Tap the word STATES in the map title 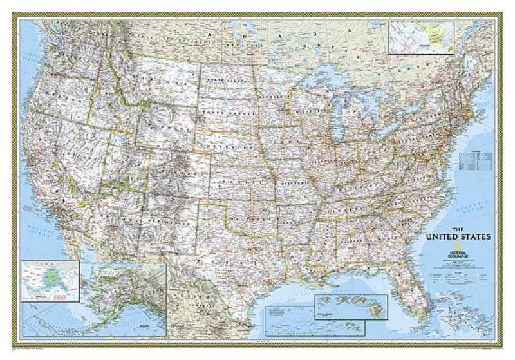[x=477, y=237]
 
